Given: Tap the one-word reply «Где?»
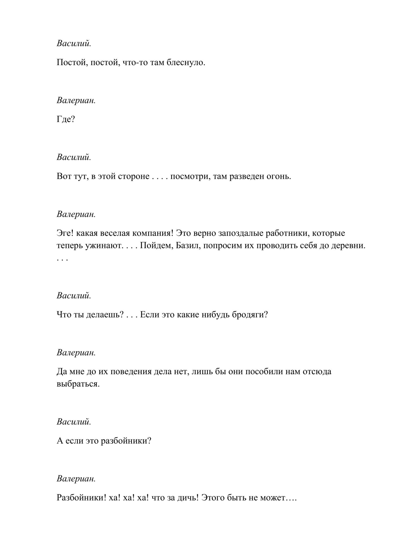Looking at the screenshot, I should (x=66, y=119).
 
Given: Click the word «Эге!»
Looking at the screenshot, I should (x=65, y=233).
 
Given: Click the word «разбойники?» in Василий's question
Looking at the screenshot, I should (x=126, y=441).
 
